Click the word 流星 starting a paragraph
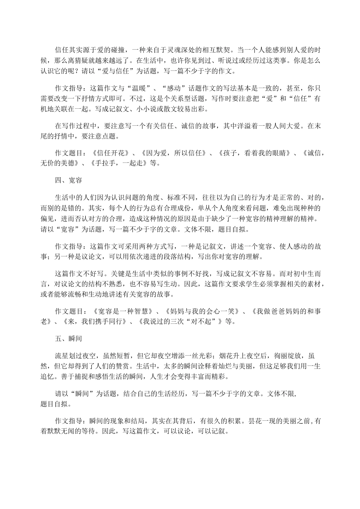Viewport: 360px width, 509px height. coord(62,356)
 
